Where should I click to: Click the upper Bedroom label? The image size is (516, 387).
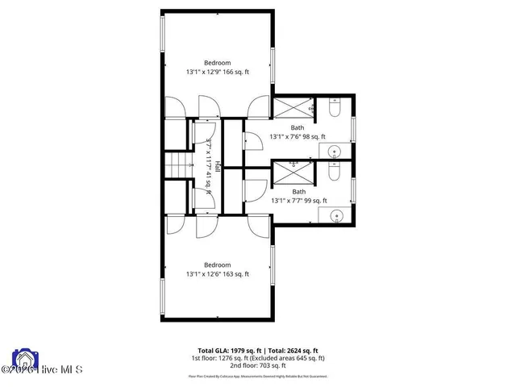218,63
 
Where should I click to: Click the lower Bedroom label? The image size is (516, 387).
218,264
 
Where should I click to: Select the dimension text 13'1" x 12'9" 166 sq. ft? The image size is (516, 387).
218,72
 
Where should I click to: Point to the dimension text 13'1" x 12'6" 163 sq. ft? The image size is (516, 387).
218,274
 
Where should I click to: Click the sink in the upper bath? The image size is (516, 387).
334,151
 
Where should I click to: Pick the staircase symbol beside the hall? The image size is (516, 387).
177,168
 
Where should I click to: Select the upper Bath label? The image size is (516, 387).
298,127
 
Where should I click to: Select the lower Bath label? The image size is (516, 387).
298,191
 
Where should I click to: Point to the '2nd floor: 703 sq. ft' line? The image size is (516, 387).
258,365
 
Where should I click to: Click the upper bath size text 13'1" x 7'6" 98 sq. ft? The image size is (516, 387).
298,136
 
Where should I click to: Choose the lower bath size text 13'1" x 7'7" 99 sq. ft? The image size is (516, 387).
298,201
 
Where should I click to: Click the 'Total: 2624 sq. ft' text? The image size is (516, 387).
294,351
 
